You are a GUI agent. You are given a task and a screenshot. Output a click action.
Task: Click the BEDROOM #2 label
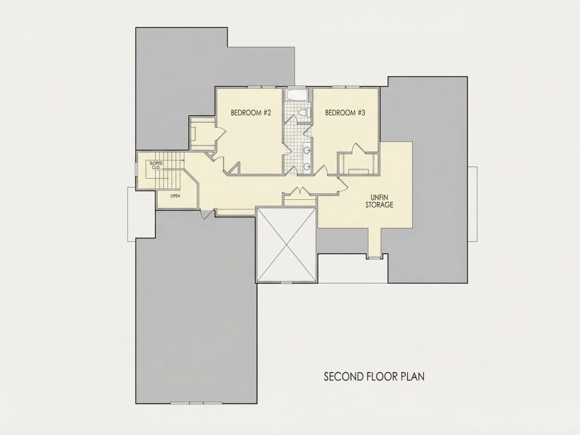coord(251,112)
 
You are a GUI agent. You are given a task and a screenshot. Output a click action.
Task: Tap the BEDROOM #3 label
coord(345,112)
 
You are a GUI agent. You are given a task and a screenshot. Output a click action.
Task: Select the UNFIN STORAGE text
coord(379,201)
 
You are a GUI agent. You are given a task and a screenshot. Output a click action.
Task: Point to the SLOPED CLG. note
coord(156,165)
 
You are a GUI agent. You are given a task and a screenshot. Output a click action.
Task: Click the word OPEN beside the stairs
coord(176,196)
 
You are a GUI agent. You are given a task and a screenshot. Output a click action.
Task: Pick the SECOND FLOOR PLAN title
coord(374,376)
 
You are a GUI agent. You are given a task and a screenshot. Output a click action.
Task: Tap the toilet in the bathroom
coord(304,113)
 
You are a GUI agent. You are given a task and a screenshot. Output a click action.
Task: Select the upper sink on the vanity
coord(307,150)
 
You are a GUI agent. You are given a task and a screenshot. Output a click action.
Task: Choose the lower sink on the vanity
coord(307,167)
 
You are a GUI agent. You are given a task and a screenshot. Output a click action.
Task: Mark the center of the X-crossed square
coord(287,245)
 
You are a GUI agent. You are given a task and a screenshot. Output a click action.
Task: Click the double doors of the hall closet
coord(299,191)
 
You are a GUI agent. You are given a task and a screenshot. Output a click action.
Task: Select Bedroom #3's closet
coord(359,163)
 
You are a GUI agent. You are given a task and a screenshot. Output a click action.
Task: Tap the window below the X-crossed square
coord(286,283)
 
